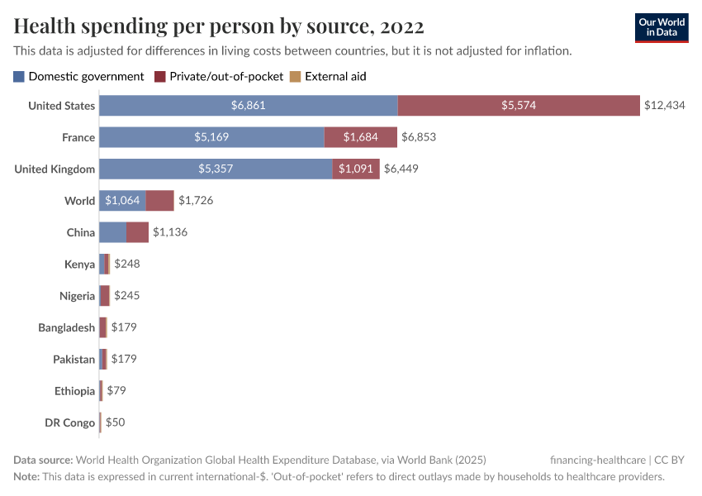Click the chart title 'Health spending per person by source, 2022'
[219, 26]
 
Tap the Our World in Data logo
[662, 27]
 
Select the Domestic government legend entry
[78, 76]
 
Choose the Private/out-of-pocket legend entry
[218, 76]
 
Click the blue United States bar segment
[248, 106]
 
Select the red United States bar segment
[519, 106]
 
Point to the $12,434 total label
[665, 106]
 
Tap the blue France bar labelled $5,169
[211, 137]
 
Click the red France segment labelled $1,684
[361, 137]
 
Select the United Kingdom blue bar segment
[216, 169]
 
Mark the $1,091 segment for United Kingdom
[356, 169]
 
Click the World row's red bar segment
[160, 201]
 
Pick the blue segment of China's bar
[113, 232]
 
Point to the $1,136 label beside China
[170, 232]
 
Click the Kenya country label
[79, 265]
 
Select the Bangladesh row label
[66, 327]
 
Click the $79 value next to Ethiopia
[116, 390]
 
